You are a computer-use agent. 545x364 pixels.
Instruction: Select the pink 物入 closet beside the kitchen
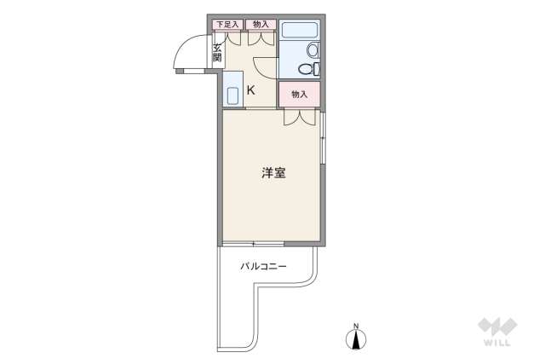(x=299, y=94)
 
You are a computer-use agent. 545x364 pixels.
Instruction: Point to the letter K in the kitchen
(x=251, y=89)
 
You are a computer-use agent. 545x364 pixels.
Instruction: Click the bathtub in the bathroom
(x=299, y=32)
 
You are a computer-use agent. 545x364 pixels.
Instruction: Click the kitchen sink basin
(x=232, y=94)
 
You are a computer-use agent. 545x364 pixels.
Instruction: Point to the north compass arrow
(x=357, y=339)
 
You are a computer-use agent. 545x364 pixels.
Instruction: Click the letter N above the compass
(x=357, y=324)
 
